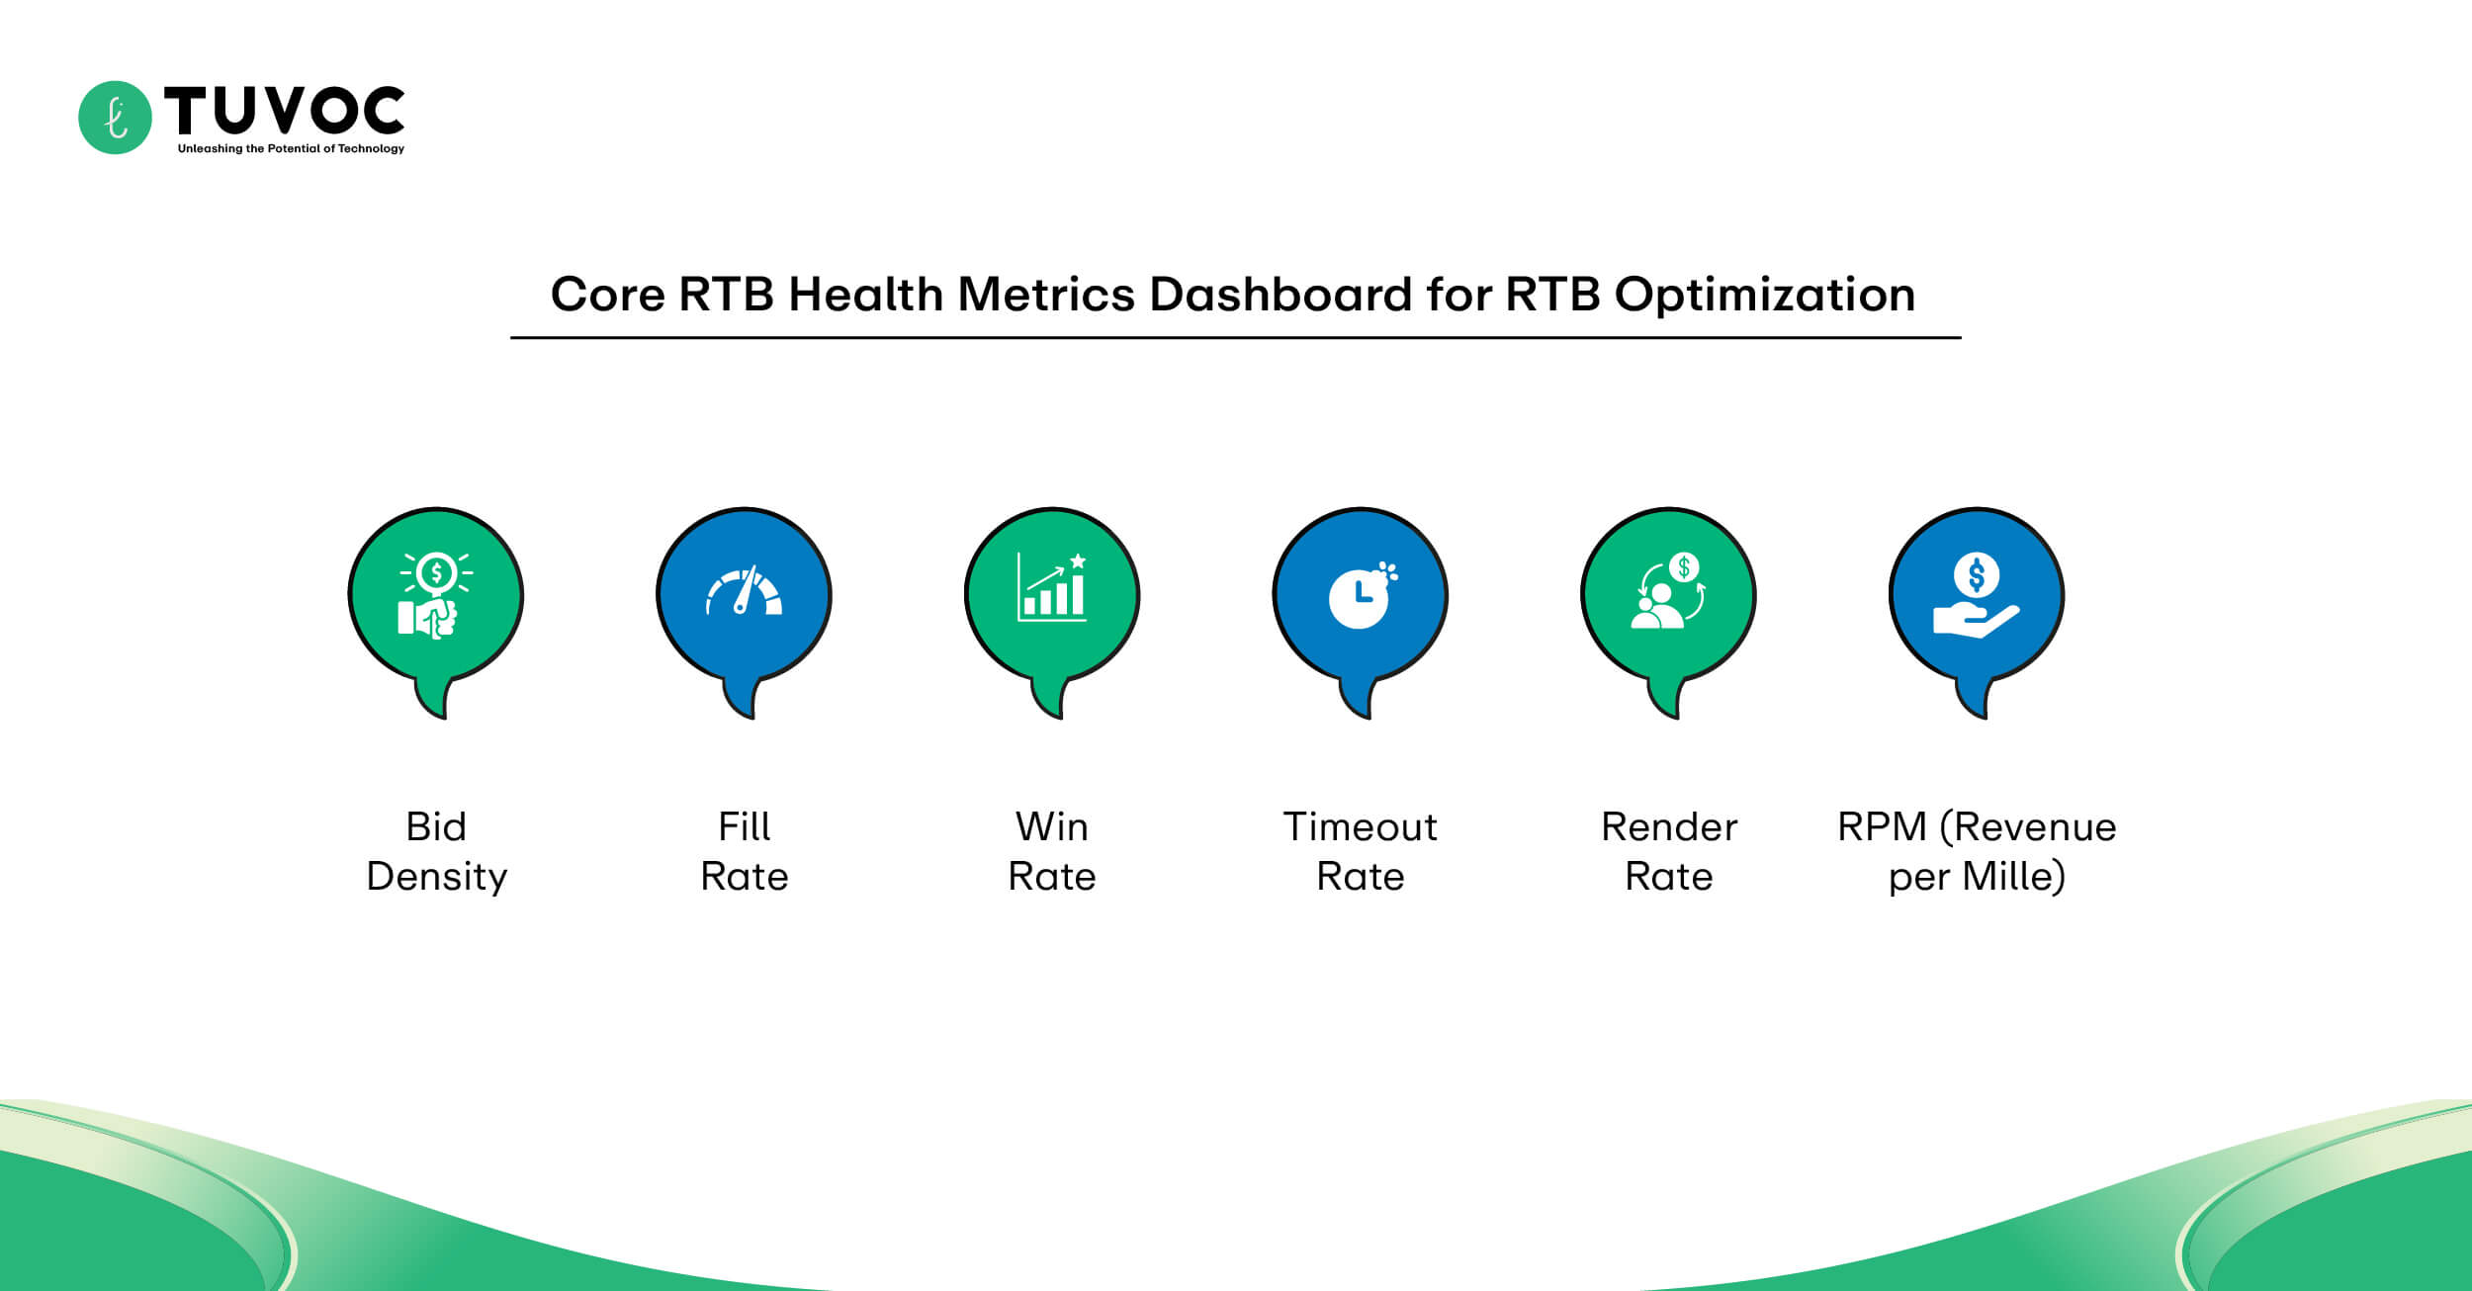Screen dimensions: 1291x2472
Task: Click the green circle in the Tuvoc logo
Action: pyautogui.click(x=115, y=118)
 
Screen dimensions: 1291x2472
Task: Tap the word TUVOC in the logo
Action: pyautogui.click(x=284, y=110)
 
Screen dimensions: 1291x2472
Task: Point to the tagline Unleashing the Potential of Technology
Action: pyautogui.click(x=291, y=148)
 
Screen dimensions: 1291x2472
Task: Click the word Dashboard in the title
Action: pyautogui.click(x=1280, y=295)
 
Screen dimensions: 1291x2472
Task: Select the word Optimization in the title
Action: pyautogui.click(x=1764, y=295)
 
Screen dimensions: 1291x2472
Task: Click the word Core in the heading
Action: pyautogui.click(x=606, y=295)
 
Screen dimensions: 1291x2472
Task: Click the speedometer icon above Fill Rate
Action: pyautogui.click(x=744, y=592)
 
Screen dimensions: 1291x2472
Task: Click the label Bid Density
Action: pyautogui.click(x=436, y=851)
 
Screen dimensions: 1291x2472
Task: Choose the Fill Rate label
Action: pyautogui.click(x=744, y=851)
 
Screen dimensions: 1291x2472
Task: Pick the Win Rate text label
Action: pyautogui.click(x=1051, y=851)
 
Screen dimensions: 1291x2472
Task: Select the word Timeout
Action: pyautogui.click(x=1360, y=826)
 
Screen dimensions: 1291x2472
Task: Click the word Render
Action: pyautogui.click(x=1668, y=826)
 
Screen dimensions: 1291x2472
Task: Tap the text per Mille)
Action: pyautogui.click(x=1976, y=877)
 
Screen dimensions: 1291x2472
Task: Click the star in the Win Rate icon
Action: pyautogui.click(x=1078, y=561)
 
